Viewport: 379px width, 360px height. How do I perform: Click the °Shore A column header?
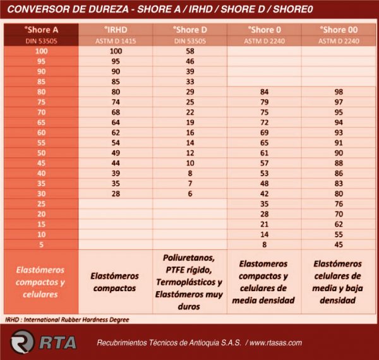(x=41, y=30)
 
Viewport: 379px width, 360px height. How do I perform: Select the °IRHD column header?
(x=116, y=30)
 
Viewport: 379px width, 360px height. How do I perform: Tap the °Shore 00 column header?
(x=339, y=30)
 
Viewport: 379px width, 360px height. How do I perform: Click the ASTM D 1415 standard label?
(x=116, y=41)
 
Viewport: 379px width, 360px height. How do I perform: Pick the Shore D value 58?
(x=190, y=51)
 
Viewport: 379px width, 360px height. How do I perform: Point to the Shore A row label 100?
(x=41, y=51)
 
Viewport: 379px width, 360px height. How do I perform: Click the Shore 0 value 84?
(x=265, y=92)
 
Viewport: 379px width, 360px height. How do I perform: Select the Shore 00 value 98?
(x=339, y=92)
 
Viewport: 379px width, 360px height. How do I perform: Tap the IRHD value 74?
(x=116, y=102)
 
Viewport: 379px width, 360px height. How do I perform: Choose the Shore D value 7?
(x=190, y=184)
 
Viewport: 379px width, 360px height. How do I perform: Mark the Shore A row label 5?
(x=41, y=245)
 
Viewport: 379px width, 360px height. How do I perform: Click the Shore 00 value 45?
(x=339, y=245)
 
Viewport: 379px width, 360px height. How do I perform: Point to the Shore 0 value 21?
(x=265, y=224)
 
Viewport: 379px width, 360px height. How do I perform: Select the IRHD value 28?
(x=116, y=194)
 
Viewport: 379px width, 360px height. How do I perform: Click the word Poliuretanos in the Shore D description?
(x=189, y=258)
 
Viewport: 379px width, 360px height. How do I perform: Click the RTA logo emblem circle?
(x=21, y=342)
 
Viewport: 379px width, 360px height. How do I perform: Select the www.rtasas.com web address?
(x=276, y=343)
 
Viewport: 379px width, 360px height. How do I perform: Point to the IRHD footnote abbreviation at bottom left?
(x=12, y=320)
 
